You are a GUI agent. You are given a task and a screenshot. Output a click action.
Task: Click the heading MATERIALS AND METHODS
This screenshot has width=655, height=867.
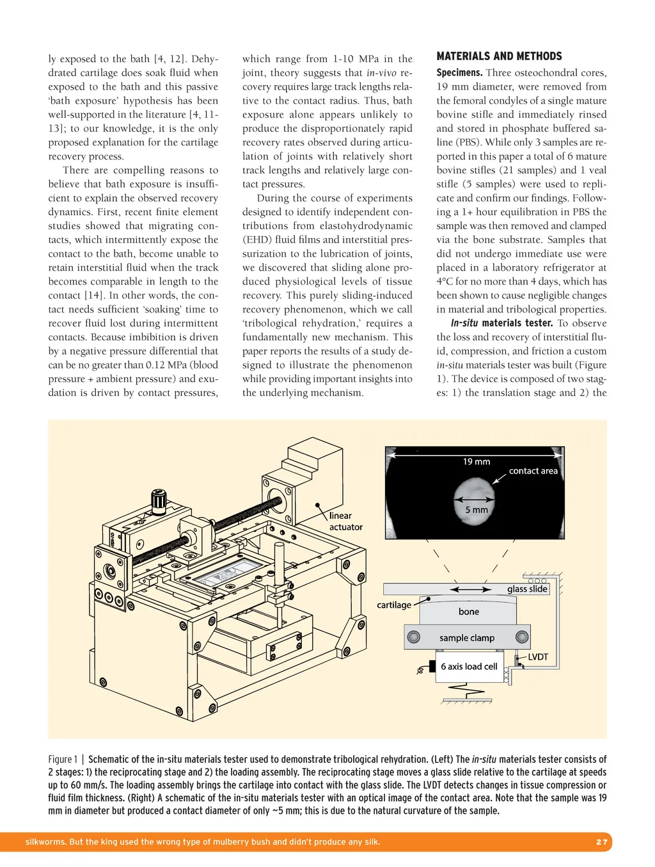tap(499, 56)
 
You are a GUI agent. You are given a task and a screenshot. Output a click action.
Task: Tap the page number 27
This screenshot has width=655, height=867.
tap(601, 841)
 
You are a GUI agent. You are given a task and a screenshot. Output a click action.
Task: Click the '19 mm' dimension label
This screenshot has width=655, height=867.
tap(477, 461)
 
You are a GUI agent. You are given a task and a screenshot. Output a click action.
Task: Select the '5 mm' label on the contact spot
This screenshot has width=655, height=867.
tap(476, 510)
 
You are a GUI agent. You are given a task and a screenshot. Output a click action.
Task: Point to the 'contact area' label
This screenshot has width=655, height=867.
tap(533, 471)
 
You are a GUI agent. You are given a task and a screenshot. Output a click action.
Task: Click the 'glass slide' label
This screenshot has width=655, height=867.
tap(527, 589)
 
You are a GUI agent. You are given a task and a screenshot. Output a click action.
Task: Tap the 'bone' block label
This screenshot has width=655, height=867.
tap(468, 612)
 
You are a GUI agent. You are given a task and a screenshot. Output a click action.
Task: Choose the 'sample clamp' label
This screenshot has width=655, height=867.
tap(467, 638)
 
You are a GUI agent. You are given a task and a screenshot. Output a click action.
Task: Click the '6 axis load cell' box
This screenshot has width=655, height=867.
tap(468, 667)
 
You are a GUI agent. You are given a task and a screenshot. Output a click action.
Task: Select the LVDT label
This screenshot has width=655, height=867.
tap(537, 657)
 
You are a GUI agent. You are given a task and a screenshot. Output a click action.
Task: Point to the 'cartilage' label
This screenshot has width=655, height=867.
tap(394, 605)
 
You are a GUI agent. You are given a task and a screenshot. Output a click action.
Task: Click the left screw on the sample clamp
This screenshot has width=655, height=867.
tap(414, 637)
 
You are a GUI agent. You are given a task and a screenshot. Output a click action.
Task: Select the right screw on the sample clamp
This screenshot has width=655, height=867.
tap(522, 637)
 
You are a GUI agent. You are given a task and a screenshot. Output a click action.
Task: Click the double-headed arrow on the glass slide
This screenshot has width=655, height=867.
tap(471, 589)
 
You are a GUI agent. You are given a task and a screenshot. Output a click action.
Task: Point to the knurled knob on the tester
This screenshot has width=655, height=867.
tap(159, 502)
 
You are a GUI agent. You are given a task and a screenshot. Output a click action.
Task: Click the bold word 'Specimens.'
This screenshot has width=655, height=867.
tap(459, 73)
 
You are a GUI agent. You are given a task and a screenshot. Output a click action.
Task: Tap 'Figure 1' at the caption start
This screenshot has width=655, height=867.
tap(63, 760)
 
